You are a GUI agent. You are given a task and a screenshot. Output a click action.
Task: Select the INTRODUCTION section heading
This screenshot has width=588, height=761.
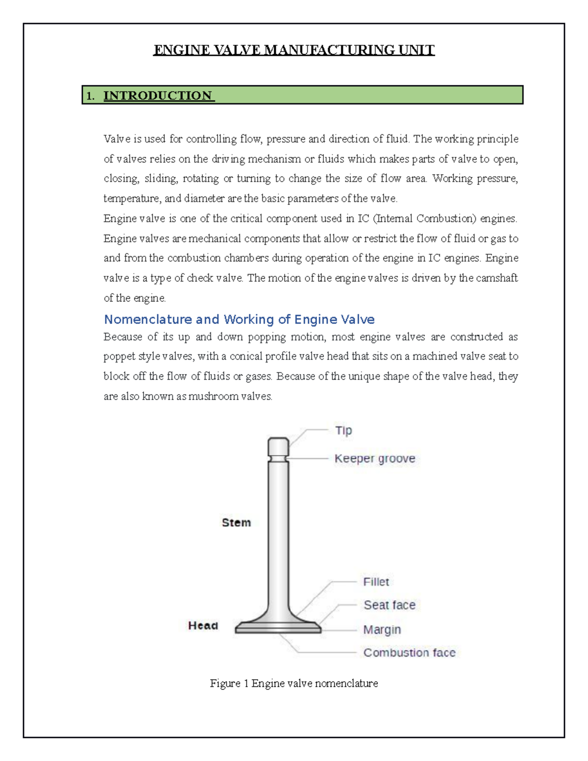[158, 96]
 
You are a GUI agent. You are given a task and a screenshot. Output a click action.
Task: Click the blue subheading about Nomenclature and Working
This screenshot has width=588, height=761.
[239, 319]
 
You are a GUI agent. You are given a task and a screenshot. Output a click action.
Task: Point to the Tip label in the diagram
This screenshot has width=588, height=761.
[343, 430]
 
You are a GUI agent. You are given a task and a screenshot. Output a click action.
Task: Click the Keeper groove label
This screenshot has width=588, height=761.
[375, 459]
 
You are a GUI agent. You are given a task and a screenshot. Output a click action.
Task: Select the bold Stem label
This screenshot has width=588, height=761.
[236, 523]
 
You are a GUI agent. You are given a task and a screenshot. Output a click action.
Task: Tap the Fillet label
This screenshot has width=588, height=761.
[376, 582]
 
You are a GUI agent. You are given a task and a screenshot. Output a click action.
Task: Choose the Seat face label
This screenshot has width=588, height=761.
[389, 605]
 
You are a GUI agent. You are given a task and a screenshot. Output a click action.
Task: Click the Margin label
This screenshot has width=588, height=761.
[382, 629]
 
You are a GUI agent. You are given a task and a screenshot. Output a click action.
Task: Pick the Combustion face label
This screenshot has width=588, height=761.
[409, 653]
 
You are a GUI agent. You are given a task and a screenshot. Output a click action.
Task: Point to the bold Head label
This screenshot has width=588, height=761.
[203, 626]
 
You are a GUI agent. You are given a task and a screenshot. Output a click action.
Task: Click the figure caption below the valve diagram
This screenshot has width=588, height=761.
[294, 683]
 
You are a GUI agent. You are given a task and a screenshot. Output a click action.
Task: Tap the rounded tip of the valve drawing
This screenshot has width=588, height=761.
[278, 446]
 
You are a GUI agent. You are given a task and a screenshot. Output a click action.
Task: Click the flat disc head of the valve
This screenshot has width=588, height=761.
[278, 628]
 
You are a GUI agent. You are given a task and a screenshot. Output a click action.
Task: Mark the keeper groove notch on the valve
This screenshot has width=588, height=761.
[278, 459]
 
